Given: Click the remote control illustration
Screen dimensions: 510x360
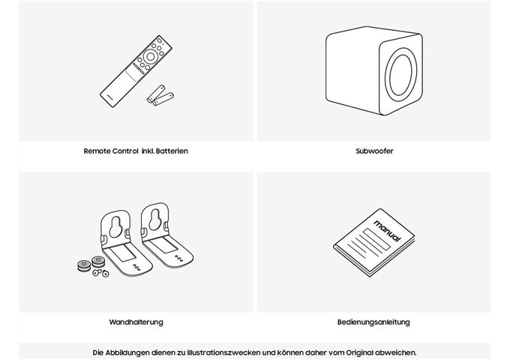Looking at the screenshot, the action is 136,71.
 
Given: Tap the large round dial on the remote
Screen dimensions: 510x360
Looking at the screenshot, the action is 150,56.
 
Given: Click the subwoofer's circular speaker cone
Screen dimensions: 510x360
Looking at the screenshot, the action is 401,75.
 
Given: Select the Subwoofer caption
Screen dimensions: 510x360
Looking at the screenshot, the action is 374,151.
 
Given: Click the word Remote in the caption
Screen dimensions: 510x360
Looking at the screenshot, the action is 97,151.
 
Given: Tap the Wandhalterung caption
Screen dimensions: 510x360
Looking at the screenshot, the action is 136,322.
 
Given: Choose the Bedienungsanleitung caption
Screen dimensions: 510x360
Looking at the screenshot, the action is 373,322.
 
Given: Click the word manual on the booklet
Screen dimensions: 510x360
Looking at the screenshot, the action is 388,230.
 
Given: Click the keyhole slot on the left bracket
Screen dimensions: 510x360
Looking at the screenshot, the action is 115,226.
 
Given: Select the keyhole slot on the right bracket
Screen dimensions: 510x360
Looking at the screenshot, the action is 154,220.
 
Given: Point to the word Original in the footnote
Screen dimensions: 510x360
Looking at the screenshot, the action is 359,352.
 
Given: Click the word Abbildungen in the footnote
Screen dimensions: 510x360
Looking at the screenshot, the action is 127,352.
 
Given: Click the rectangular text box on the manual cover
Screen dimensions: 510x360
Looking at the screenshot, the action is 376,239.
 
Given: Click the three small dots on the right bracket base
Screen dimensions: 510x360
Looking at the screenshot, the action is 178,258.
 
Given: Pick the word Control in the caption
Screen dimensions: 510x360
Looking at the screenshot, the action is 125,151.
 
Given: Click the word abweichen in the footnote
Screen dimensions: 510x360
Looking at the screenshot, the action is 395,352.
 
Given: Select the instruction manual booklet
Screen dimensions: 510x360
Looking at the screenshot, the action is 374,242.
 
